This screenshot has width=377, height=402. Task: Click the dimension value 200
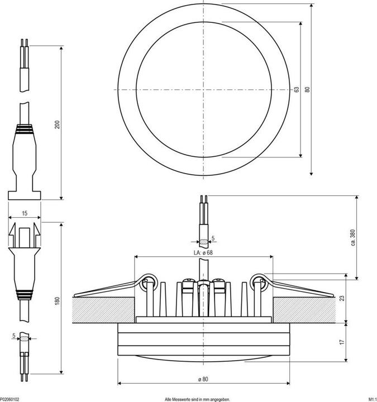[56, 125]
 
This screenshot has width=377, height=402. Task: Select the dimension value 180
[56, 301]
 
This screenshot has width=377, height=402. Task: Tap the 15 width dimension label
[25, 213]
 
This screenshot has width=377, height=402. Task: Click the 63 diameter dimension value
[297, 89]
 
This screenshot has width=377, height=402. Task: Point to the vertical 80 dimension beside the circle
[307, 89]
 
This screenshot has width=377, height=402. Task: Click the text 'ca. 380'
[352, 237]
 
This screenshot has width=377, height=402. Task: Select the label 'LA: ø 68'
[203, 252]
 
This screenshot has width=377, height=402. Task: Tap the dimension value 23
[342, 299]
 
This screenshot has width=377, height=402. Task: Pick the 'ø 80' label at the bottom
[203, 380]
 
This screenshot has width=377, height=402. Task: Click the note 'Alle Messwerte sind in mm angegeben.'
[197, 399]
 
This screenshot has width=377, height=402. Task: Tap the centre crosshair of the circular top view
[203, 89]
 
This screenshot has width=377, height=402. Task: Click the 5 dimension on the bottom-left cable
[13, 335]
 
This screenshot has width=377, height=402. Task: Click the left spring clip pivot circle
[149, 282]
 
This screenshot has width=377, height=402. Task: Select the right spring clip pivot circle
[259, 282]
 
